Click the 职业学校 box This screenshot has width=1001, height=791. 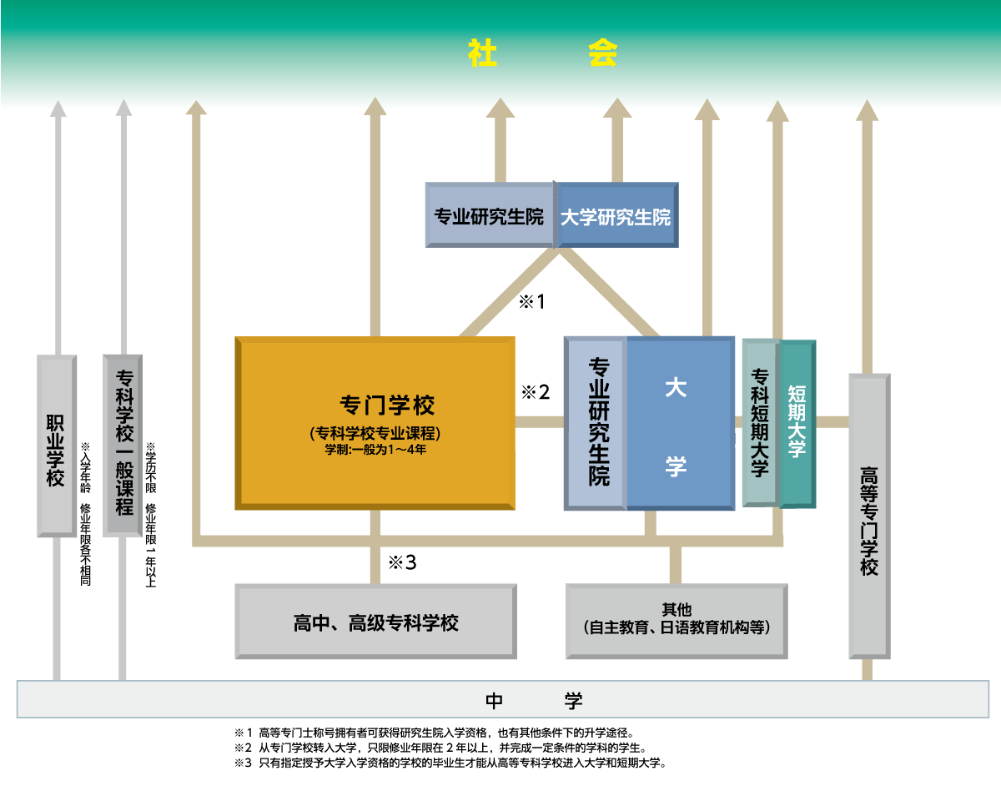(57, 446)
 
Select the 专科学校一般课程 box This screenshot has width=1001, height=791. (123, 446)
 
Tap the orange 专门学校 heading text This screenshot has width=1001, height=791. (387, 406)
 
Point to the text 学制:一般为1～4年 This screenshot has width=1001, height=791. (375, 450)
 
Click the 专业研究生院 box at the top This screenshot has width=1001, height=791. (489, 215)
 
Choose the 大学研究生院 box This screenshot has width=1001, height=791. (616, 215)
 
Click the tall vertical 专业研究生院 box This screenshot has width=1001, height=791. (597, 422)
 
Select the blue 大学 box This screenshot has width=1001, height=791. (677, 422)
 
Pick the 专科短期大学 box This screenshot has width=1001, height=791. (759, 422)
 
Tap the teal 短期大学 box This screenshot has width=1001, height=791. (797, 422)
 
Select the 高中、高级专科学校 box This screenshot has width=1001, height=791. (375, 622)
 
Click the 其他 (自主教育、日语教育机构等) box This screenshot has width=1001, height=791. (676, 622)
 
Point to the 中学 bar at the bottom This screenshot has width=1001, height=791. (502, 700)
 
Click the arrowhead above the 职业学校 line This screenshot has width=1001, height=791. (57, 108)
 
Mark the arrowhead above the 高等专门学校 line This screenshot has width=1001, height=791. (867, 110)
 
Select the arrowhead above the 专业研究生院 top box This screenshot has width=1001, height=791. (500, 108)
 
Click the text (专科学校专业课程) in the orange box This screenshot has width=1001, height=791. (375, 433)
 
